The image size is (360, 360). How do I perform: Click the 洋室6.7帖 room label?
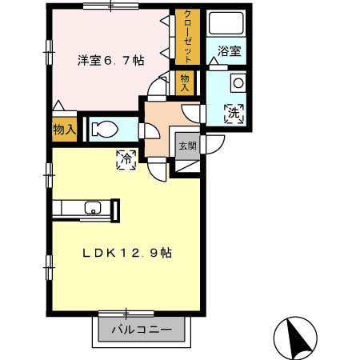coord(110,59)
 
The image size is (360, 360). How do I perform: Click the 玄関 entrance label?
coord(186,146)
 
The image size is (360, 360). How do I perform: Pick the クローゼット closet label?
coord(187,37)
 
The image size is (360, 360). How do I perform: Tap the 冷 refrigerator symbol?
coord(126,159)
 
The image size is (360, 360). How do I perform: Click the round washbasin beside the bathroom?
coord(238,82)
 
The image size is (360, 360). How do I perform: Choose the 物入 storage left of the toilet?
coord(65,129)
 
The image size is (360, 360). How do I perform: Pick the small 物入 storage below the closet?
coord(186,82)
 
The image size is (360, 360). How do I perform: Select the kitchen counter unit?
coord(86,210)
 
